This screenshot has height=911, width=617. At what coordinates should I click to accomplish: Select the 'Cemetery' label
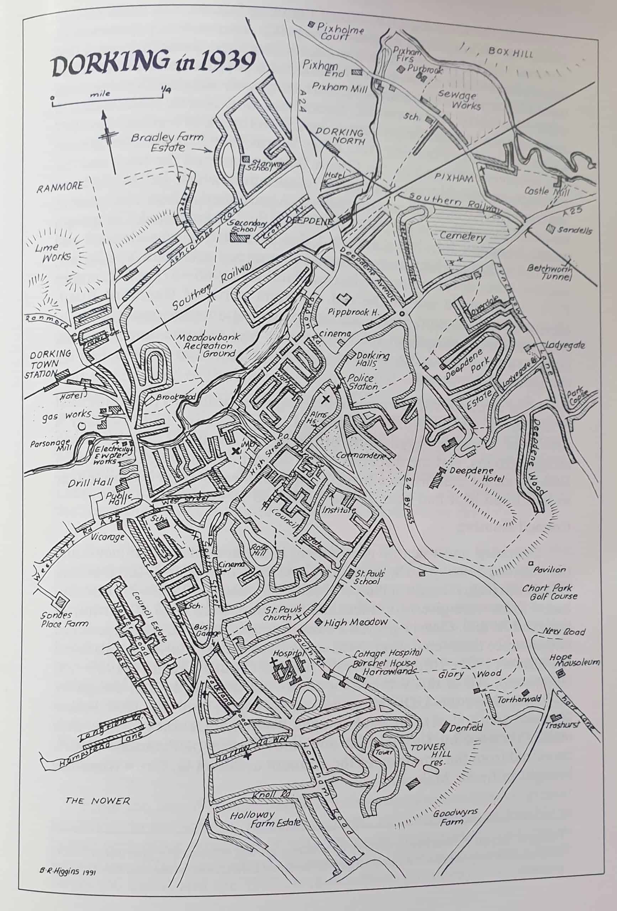click(x=462, y=236)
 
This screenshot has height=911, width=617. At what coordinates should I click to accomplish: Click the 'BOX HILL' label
click(x=510, y=52)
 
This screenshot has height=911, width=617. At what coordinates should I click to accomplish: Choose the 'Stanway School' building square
click(x=246, y=158)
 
